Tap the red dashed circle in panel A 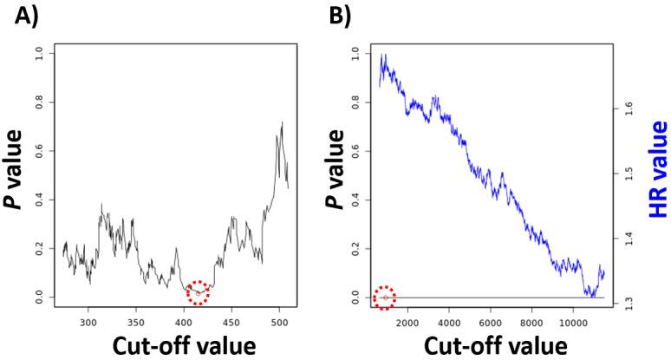pyautogui.click(x=198, y=293)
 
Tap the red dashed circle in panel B pyautogui.click(x=384, y=298)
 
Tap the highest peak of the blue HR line pyautogui.click(x=383, y=55)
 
